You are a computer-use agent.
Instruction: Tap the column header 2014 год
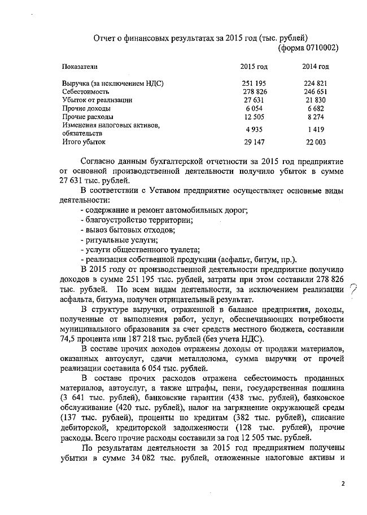pos(315,67)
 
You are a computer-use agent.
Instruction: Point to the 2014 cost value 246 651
pos(315,91)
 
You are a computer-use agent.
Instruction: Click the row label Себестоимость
pos(86,91)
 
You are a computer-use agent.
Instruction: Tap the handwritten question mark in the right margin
pos(354,289)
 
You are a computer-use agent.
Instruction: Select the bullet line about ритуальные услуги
pos(111,240)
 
